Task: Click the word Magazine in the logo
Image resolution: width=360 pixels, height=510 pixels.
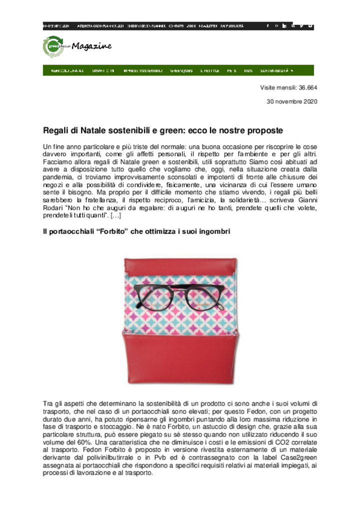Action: [91, 47]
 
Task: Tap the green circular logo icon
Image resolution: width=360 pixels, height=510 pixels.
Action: [53, 47]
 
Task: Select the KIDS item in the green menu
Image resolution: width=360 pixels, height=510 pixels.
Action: [248, 71]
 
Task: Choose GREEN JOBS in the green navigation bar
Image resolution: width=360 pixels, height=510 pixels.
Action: [181, 71]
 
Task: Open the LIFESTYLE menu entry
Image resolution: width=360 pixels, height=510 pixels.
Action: [210, 71]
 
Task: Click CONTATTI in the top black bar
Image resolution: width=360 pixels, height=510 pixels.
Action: [176, 26]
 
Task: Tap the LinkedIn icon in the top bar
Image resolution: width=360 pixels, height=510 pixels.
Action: [284, 26]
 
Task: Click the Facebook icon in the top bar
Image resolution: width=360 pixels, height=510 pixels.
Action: [267, 26]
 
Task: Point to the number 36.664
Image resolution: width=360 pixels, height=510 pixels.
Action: [308, 88]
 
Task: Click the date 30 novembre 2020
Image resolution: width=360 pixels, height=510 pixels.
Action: [292, 102]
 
